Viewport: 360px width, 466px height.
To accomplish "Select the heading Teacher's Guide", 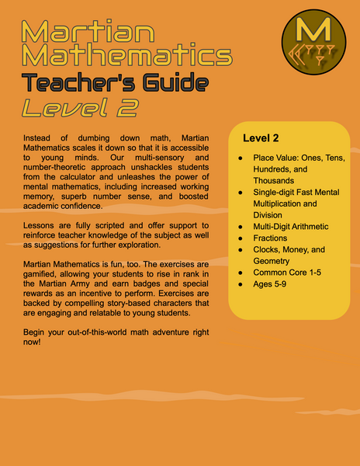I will tap(115, 83).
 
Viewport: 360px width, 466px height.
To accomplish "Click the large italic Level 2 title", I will tap(85, 108).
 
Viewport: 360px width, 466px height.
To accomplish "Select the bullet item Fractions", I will tap(271, 238).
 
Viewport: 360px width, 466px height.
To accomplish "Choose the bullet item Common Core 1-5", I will tap(290, 273).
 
